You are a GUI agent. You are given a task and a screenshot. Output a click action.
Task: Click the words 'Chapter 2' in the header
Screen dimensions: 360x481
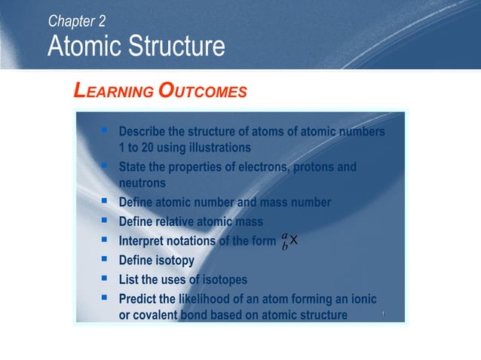[x=77, y=21]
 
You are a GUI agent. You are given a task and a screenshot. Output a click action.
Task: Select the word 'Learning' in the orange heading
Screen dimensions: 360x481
[x=112, y=92]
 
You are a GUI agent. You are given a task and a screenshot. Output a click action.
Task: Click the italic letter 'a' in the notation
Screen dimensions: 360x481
[x=284, y=234]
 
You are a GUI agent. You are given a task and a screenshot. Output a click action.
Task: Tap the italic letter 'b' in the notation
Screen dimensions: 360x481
[x=284, y=246]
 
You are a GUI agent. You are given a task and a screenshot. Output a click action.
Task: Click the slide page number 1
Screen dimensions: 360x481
[x=383, y=313]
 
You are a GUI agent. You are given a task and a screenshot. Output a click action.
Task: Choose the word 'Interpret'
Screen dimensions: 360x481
[x=146, y=241]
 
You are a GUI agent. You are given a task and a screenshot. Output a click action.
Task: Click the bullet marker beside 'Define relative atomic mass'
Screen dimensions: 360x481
[x=104, y=221]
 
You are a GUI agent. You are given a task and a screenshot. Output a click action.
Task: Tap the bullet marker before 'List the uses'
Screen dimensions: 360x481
[x=104, y=279]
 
